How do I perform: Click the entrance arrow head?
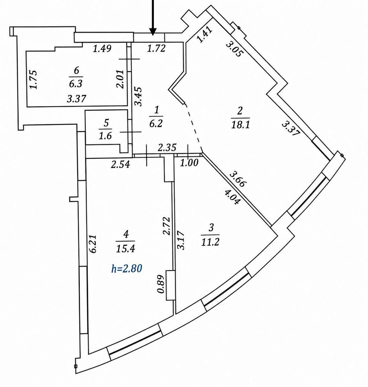153,32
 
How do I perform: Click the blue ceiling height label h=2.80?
127,269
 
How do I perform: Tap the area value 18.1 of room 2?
241,124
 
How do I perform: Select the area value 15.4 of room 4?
125,249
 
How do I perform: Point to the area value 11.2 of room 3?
210,243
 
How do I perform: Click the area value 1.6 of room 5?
105,136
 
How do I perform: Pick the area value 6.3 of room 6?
76,84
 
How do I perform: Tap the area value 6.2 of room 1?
156,124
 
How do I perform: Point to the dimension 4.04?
233,197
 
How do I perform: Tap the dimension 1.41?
205,35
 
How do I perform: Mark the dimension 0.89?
161,284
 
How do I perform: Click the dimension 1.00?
189,163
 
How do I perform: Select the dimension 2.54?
121,164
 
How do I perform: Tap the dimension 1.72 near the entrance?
156,48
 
